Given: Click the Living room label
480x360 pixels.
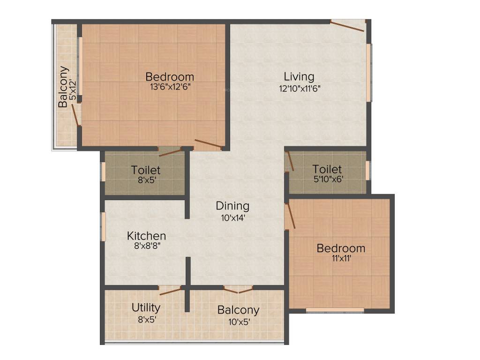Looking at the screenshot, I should (299, 76).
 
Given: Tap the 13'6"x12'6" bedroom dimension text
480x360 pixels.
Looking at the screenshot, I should (169, 87).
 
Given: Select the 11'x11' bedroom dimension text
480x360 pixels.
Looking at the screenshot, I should (341, 258).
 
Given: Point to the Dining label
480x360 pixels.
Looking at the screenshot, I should (232, 205).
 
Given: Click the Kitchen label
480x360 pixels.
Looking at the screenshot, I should (147, 235).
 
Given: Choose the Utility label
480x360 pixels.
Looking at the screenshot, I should (146, 307).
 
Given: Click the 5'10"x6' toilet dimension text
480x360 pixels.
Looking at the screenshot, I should (327, 179).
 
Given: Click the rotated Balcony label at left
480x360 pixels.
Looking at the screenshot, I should (63, 87).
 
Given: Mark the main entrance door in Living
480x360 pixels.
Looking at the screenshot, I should (347, 26).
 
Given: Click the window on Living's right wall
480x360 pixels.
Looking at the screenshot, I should (369, 72).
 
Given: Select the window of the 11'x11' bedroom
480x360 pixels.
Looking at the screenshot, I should (335, 310).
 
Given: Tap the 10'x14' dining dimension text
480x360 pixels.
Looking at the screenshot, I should (232, 217).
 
